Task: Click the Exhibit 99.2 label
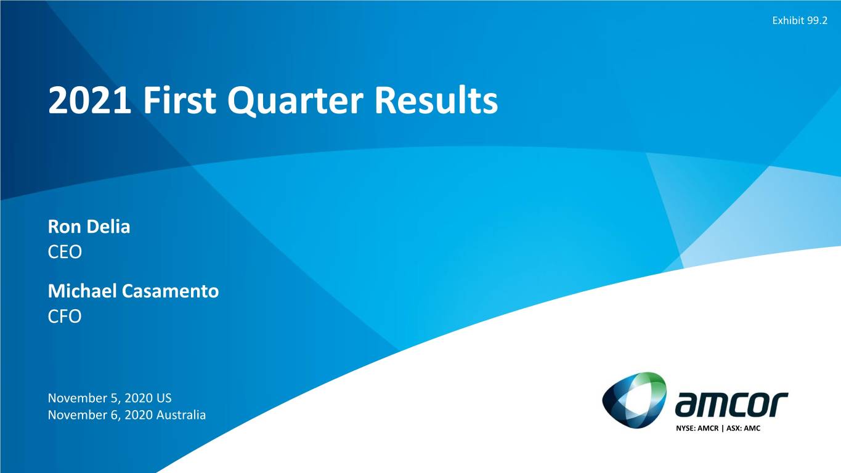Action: [800, 21]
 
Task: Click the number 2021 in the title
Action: [90, 100]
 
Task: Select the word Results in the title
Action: [436, 100]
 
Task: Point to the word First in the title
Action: [179, 100]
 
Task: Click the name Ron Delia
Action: [89, 227]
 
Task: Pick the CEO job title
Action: [65, 253]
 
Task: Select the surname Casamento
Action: [171, 291]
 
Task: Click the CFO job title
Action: [65, 317]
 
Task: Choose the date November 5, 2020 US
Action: [110, 398]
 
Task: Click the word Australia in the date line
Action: [181, 415]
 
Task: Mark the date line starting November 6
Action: [127, 415]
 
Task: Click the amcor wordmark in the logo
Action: [731, 404]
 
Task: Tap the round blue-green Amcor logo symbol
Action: [634, 400]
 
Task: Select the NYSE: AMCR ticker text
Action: [697, 428]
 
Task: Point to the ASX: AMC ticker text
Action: [744, 428]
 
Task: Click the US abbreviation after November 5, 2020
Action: [164, 398]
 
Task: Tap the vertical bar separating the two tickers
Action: [723, 428]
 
